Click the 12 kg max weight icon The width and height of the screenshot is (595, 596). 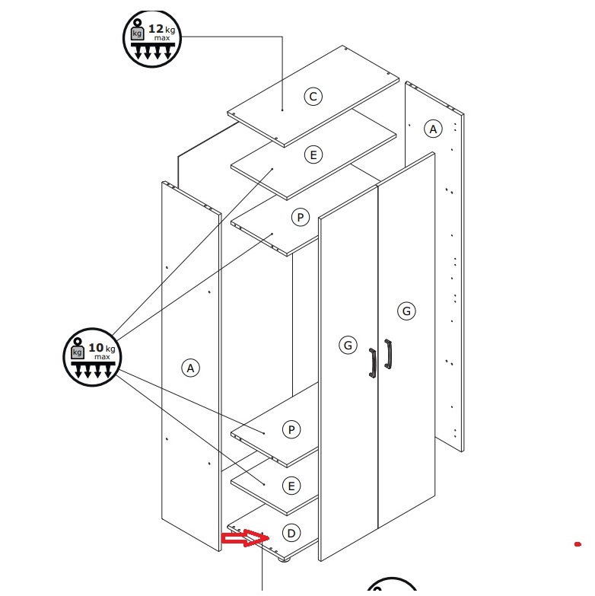[x=152, y=39]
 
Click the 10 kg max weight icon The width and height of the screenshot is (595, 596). [x=92, y=357]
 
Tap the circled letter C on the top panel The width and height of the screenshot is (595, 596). [x=313, y=97]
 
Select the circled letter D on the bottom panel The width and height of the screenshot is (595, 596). [x=291, y=533]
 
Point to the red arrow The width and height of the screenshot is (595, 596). [x=246, y=538]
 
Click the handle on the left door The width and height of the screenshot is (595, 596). [x=373, y=363]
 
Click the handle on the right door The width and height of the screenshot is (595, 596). [x=388, y=354]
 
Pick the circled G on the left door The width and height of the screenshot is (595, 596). [x=348, y=345]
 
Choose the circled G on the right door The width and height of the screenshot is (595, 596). [x=406, y=311]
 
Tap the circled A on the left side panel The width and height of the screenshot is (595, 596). [x=190, y=368]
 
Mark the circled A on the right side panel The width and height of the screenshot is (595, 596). [x=433, y=129]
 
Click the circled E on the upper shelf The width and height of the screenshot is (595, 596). [x=313, y=155]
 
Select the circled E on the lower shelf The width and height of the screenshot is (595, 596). [x=291, y=486]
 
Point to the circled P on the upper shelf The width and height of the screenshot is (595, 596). [x=300, y=218]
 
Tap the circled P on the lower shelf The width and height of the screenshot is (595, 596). [x=291, y=429]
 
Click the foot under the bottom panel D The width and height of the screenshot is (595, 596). [x=284, y=559]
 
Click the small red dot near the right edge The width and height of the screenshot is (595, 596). [x=577, y=544]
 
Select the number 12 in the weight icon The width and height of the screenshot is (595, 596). [x=156, y=28]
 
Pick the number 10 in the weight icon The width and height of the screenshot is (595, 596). [x=96, y=347]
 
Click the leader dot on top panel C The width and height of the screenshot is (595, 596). [x=282, y=110]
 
